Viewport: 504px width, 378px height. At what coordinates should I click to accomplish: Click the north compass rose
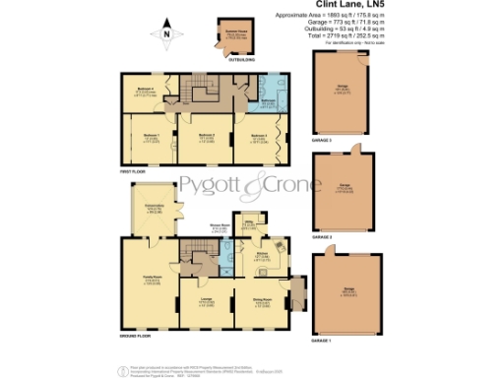[x=168, y=36]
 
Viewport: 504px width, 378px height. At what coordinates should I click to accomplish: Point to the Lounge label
[x=208, y=301]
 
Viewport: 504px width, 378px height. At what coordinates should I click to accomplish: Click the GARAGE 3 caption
[x=323, y=140]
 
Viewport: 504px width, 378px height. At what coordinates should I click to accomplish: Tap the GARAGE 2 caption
[x=323, y=237]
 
